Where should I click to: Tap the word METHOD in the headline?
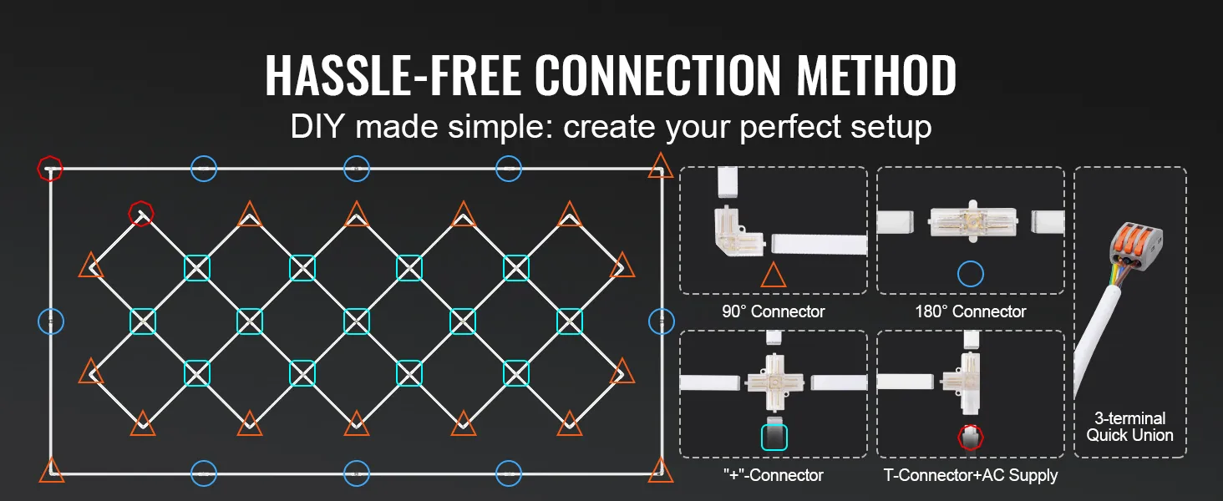877,76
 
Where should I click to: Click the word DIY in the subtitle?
317,128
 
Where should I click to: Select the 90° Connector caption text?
773,311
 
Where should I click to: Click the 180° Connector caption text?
970,311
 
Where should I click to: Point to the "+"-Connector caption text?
773,475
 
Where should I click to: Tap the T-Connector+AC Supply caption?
970,475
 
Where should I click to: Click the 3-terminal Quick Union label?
1129,427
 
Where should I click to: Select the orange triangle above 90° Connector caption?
773,275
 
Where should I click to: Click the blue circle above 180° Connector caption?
970,273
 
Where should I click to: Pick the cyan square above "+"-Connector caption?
774,437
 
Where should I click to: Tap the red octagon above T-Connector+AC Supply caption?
970,437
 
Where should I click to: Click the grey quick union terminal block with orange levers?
1134,241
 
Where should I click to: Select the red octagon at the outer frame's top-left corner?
50,168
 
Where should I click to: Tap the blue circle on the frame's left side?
51,321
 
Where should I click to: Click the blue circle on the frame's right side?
661,321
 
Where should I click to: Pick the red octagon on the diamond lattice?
140,213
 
